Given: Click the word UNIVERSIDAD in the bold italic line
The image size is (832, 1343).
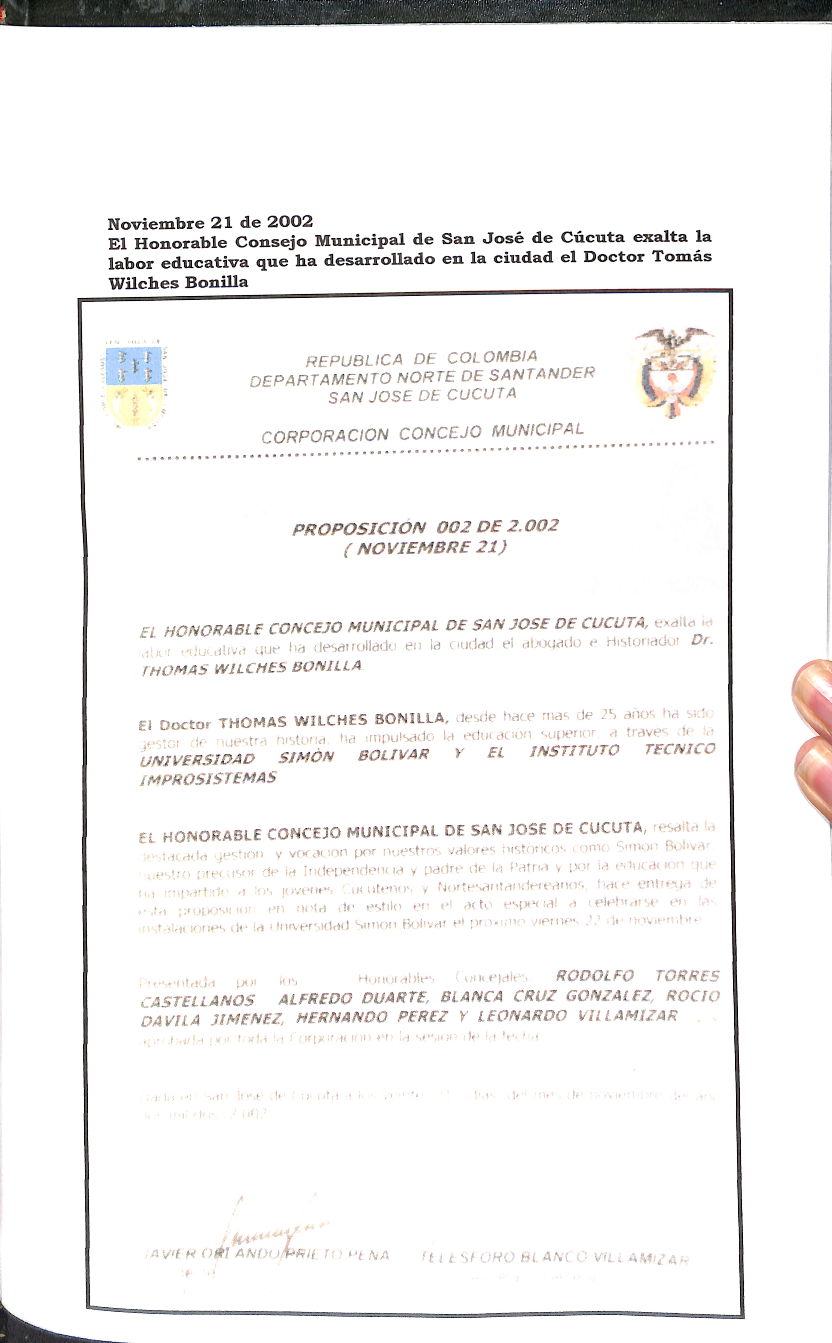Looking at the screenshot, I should [197, 760].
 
